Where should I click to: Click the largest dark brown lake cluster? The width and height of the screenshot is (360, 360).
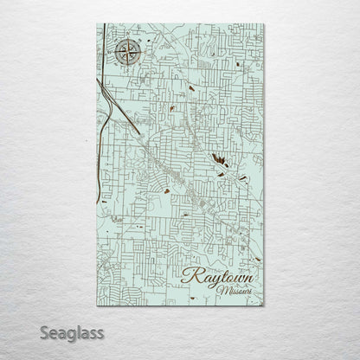coord(216,158)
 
